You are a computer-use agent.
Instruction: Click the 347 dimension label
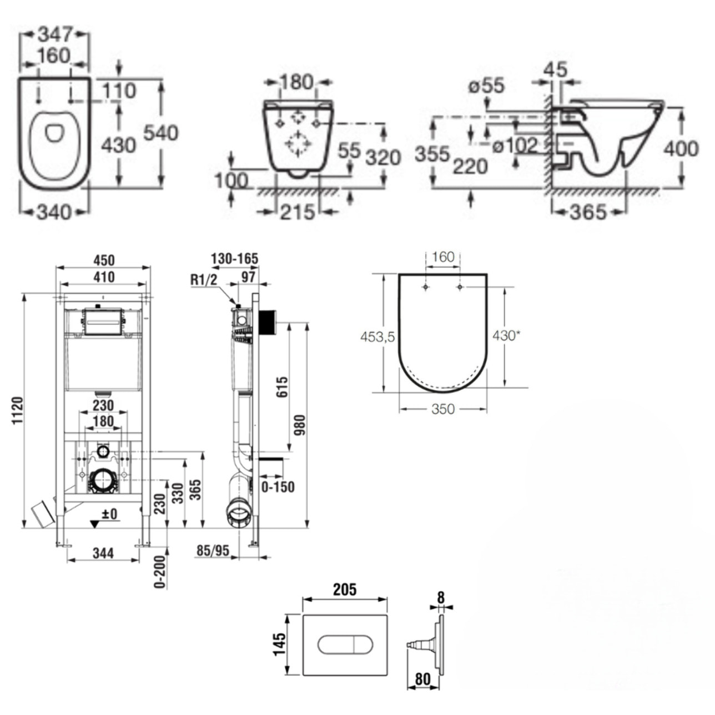[55, 34]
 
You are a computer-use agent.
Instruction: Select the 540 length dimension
[161, 133]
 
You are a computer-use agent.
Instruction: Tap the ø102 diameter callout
[516, 145]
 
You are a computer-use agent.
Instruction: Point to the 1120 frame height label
[16, 411]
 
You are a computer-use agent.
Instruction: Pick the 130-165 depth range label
[235, 259]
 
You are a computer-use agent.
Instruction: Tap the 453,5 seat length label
[377, 336]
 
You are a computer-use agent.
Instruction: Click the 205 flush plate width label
[344, 589]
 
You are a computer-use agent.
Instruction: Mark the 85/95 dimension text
[213, 550]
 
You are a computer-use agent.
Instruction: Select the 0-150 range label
[277, 487]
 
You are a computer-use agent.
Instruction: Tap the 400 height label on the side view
[681, 149]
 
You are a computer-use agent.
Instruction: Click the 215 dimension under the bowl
[297, 212]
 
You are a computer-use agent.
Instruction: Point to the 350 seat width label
[442, 409]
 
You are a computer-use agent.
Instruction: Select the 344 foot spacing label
[103, 553]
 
